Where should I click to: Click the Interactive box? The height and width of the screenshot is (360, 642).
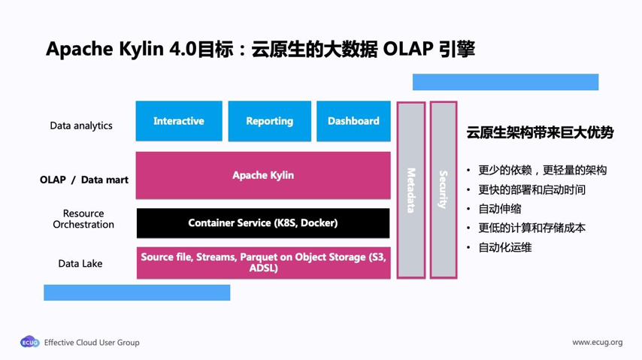click(x=179, y=121)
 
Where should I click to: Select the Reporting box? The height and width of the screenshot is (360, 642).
click(x=269, y=121)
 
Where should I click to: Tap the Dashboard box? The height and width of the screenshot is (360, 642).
click(x=353, y=121)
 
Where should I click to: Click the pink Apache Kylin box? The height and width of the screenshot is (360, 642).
click(x=263, y=175)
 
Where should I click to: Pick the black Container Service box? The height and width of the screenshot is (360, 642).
click(x=263, y=223)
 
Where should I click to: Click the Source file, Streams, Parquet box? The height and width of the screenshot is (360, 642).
click(x=263, y=262)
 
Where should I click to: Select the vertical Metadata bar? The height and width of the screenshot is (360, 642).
click(x=411, y=190)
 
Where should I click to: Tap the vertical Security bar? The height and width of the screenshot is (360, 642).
click(x=444, y=190)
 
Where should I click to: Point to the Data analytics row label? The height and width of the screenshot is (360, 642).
click(x=81, y=126)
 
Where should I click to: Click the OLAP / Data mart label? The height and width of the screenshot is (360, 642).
click(x=84, y=180)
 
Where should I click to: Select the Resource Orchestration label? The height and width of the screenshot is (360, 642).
click(x=83, y=219)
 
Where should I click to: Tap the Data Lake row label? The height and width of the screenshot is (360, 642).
click(x=80, y=264)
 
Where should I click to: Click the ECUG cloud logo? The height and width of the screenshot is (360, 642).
click(x=29, y=342)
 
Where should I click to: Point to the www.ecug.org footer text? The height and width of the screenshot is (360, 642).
click(x=597, y=342)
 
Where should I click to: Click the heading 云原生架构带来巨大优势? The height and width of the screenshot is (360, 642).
click(x=540, y=133)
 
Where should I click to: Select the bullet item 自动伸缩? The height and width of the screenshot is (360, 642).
click(x=500, y=208)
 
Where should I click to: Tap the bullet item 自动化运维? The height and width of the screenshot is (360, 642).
click(x=505, y=247)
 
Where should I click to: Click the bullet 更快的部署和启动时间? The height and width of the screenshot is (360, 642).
click(x=531, y=189)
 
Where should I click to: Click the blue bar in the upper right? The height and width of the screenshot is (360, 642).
click(x=505, y=82)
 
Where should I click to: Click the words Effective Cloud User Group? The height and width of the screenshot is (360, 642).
click(x=92, y=342)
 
